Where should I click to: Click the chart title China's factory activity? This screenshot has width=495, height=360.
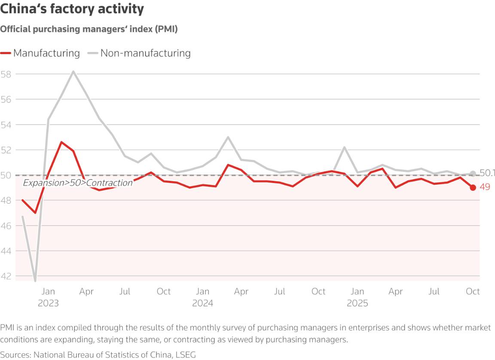click(72, 9)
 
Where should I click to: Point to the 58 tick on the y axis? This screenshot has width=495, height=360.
click(6, 74)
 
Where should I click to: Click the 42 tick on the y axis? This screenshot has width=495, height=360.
click(6, 276)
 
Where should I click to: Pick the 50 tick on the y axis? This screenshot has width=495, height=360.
click(6, 175)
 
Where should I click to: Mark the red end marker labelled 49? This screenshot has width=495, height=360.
click(473, 187)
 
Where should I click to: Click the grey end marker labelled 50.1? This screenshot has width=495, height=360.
click(473, 174)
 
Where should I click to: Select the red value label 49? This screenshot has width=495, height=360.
click(485, 187)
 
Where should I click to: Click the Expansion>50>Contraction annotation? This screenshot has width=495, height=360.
click(78, 183)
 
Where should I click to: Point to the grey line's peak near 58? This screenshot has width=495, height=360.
click(73, 71)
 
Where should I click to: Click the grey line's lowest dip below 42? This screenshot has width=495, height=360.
click(35, 281)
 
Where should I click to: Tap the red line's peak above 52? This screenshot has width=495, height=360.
click(61, 142)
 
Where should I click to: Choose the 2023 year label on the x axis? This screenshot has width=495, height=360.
click(48, 303)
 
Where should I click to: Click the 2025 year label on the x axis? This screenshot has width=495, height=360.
click(357, 303)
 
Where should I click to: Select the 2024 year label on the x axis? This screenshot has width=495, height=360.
click(203, 303)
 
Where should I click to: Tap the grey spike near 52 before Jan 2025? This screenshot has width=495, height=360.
click(345, 147)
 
